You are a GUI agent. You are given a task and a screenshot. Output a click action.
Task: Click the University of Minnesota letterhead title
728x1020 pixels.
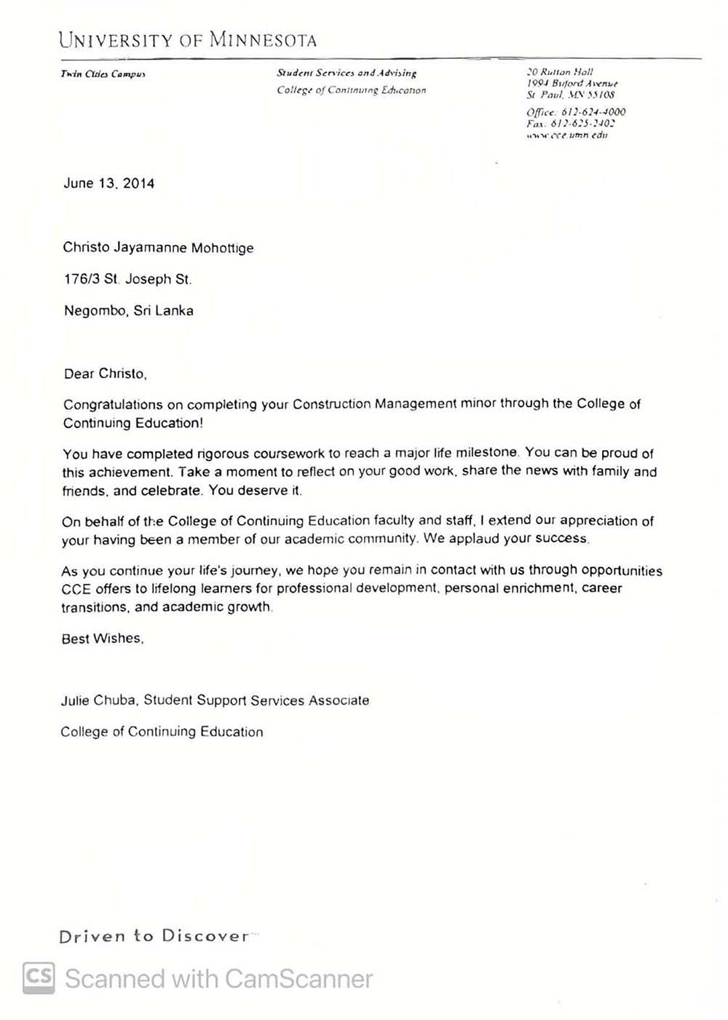click(x=188, y=40)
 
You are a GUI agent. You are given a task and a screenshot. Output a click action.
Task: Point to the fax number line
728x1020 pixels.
click(x=570, y=124)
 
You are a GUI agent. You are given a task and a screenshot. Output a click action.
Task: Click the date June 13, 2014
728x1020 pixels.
click(x=108, y=183)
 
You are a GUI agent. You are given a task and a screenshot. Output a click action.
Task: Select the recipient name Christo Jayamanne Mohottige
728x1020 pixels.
click(x=158, y=248)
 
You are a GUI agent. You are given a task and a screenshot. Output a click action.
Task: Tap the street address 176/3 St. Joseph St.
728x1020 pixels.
click(x=127, y=279)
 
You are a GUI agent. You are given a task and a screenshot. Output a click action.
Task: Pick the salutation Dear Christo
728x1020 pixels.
click(x=105, y=374)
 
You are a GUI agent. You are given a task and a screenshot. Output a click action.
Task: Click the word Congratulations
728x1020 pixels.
click(x=113, y=404)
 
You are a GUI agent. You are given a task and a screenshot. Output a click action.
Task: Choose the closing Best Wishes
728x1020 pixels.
click(x=102, y=639)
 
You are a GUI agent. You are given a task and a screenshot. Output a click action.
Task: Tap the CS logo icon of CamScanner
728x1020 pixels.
click(x=39, y=978)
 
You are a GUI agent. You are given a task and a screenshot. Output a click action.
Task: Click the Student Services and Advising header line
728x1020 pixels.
click(x=347, y=73)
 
